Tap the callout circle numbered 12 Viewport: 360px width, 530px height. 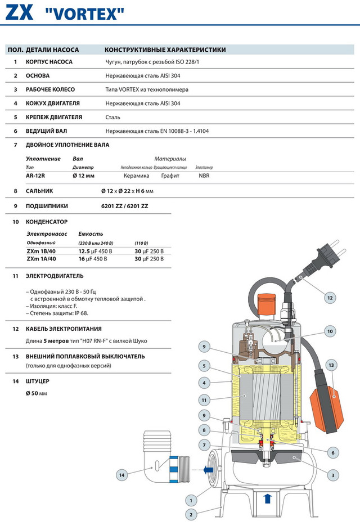click(330, 298)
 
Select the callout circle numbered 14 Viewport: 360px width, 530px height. click(121, 475)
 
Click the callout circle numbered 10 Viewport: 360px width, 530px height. click(330, 331)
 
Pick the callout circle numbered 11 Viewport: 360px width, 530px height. click(205, 401)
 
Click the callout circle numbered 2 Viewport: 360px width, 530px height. click(191, 514)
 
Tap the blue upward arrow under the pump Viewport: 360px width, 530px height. click(267, 498)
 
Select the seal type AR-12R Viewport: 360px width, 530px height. click(37, 176)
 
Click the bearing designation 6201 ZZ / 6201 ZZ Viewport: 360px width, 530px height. click(124, 206)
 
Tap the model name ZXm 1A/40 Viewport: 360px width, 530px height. click(42, 259)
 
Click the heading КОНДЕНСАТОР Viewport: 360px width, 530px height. click(47, 222)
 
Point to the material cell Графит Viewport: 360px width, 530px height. click(170, 176)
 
